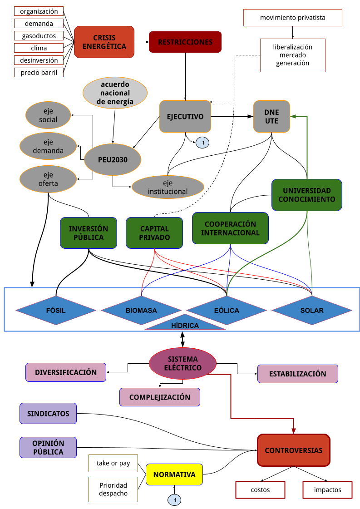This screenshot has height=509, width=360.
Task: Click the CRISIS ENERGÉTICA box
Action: click(x=104, y=42)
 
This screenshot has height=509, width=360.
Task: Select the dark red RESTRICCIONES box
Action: click(x=185, y=42)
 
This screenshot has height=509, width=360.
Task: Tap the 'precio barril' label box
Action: click(x=39, y=72)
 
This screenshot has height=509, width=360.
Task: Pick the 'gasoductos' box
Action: click(x=39, y=35)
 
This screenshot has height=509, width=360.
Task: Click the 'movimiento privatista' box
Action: click(x=292, y=18)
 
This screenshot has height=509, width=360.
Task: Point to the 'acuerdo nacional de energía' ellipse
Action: click(x=115, y=93)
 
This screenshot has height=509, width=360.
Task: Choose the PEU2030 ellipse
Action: click(x=113, y=160)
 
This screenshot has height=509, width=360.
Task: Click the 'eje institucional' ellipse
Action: click(x=168, y=187)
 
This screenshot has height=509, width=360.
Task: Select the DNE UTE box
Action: click(x=271, y=116)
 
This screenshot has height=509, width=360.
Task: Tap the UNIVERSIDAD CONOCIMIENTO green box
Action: click(x=307, y=195)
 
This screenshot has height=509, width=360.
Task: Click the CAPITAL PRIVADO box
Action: click(x=154, y=233)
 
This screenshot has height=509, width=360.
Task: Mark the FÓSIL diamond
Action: click(x=56, y=311)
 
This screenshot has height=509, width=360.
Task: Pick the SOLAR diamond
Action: click(x=312, y=311)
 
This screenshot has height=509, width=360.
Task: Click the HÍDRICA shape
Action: click(x=185, y=324)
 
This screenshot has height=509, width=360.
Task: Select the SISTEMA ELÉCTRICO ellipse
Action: click(x=182, y=363)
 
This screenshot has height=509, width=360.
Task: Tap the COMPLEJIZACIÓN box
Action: click(x=160, y=397)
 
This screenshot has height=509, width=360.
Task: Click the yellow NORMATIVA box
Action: click(x=174, y=475)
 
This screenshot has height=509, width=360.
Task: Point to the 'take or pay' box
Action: click(x=113, y=463)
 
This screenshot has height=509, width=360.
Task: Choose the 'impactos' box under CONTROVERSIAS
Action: click(x=327, y=490)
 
